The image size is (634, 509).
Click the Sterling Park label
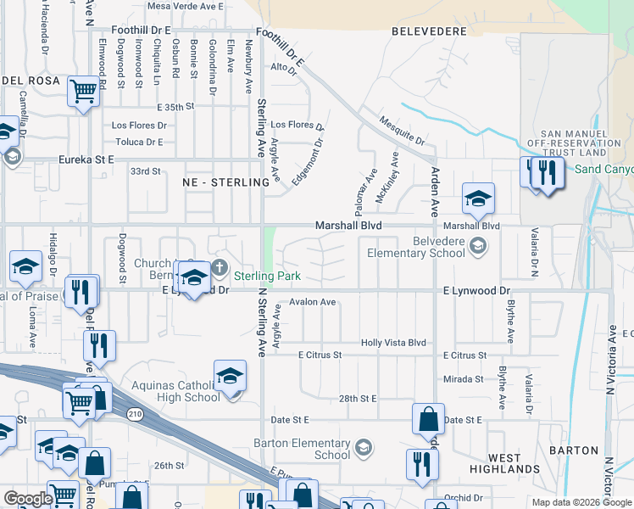(268, 276)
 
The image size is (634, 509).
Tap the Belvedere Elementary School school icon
(478, 246)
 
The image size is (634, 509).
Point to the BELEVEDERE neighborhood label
(430, 31)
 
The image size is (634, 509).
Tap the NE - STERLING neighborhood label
(219, 182)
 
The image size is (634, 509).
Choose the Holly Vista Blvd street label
(393, 343)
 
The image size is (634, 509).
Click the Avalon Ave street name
(313, 301)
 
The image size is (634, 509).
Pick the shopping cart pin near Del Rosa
(83, 90)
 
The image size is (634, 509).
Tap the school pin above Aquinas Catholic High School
(231, 374)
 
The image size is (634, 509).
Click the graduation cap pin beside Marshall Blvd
(478, 199)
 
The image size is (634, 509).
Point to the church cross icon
(220, 269)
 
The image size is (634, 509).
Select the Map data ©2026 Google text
(580, 502)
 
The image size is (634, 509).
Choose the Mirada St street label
(463, 379)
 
